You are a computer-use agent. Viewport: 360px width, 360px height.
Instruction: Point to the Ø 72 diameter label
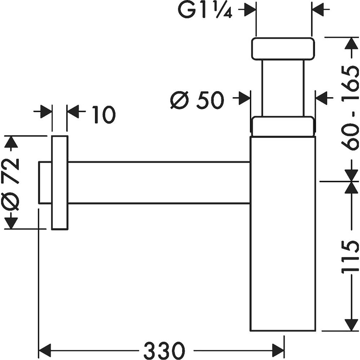pyautogui.click(x=11, y=182)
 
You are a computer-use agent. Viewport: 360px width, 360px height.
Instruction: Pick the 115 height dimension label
pyautogui.click(x=350, y=256)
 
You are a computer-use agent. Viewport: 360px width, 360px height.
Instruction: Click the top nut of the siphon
pyautogui.click(x=283, y=48)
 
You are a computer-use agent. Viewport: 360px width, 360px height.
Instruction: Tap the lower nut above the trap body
pyautogui.click(x=283, y=126)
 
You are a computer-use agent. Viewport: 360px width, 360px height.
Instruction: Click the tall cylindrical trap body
pyautogui.click(x=283, y=234)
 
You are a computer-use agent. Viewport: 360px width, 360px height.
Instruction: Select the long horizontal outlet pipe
pyautogui.click(x=158, y=183)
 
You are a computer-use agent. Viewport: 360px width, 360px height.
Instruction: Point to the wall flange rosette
pyautogui.click(x=60, y=183)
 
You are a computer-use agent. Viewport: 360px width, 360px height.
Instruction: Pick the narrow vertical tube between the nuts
pyautogui.click(x=283, y=88)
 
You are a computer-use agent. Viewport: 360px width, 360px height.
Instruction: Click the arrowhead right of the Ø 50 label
pyautogui.click(x=244, y=98)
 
